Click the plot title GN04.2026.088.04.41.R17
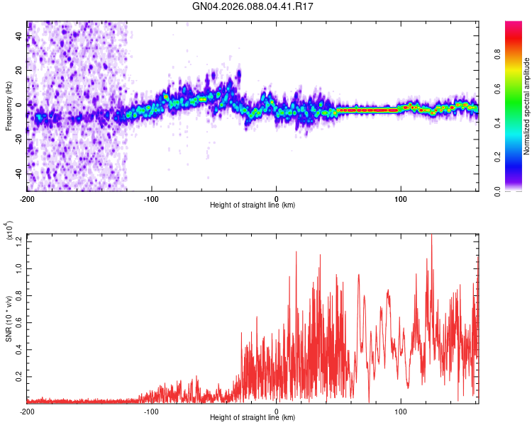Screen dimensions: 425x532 click(254, 7)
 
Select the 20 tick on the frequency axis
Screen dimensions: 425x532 click(18, 70)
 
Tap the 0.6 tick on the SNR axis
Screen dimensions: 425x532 click(18, 322)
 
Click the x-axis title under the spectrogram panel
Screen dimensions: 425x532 click(253, 205)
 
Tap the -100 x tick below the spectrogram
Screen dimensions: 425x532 click(151, 198)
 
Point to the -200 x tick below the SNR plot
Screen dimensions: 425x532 click(27, 410)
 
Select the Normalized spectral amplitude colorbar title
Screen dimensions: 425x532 click(526, 106)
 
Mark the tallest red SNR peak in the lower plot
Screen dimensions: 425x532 click(431, 236)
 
